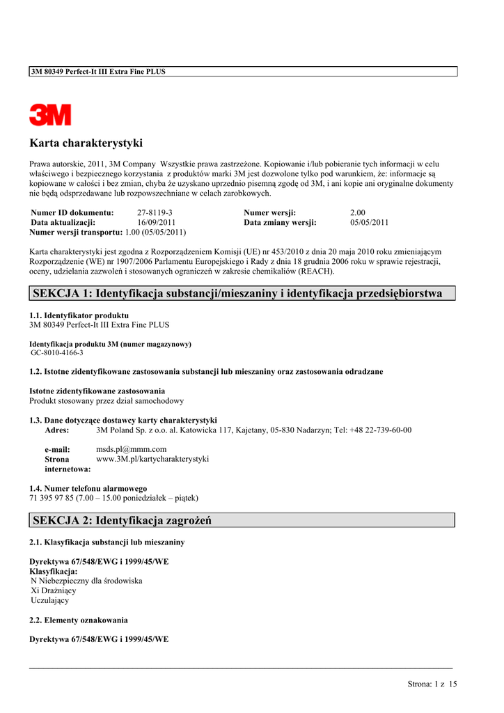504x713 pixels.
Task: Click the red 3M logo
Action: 50,115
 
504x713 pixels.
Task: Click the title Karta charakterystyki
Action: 86,143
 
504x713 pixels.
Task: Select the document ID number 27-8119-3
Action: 155,212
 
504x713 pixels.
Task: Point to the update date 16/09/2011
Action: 156,222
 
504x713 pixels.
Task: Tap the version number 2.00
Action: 358,212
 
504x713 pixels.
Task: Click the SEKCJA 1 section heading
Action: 237,293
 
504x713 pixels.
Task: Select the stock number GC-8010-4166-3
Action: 57,353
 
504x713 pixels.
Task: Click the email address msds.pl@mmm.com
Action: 131,449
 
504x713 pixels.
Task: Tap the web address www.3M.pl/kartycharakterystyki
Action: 152,459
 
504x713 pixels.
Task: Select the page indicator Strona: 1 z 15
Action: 432,684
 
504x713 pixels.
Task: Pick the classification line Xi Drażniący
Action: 54,590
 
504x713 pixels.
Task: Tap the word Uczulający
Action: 50,600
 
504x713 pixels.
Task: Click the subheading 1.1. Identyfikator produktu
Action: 79,315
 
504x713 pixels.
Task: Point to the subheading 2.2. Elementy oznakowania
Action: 78,620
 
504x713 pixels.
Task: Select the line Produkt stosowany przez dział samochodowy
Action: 107,400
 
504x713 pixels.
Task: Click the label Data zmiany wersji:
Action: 280,222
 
